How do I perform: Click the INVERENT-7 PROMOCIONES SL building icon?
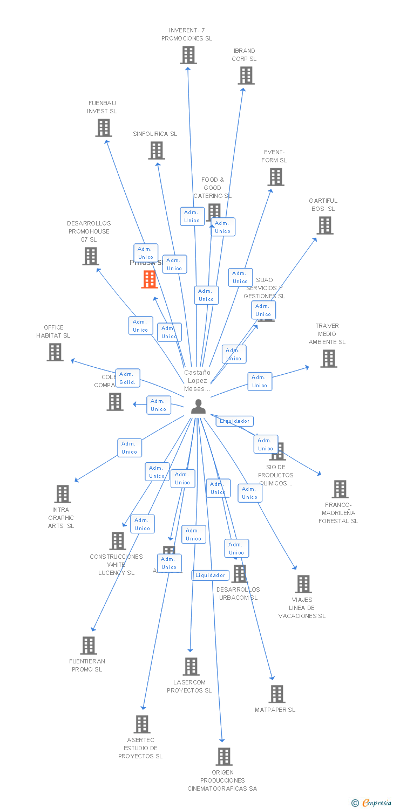click(x=188, y=55)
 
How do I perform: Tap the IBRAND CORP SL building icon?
click(x=246, y=76)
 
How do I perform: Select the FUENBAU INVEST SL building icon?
click(x=103, y=128)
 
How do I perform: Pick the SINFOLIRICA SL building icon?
click(x=157, y=150)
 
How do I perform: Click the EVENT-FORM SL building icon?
click(x=275, y=177)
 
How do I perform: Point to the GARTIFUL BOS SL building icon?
click(x=324, y=225)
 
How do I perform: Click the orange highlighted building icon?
click(x=150, y=279)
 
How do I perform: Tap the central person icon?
click(x=198, y=407)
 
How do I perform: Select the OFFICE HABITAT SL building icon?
click(x=55, y=352)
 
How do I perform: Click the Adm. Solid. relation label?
click(x=128, y=378)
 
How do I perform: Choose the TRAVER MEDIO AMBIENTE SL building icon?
click(x=328, y=359)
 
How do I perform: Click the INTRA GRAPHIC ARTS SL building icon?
click(x=63, y=493)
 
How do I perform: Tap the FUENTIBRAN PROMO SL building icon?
click(x=89, y=646)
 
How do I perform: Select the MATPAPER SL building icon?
click(x=276, y=694)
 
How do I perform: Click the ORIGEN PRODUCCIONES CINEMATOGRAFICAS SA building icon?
click(x=224, y=757)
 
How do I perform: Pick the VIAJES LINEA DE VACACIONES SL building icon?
click(x=303, y=584)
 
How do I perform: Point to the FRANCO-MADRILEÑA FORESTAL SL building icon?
click(x=340, y=489)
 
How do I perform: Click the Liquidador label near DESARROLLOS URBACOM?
click(x=211, y=575)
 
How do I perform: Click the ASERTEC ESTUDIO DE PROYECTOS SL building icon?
click(x=142, y=724)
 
